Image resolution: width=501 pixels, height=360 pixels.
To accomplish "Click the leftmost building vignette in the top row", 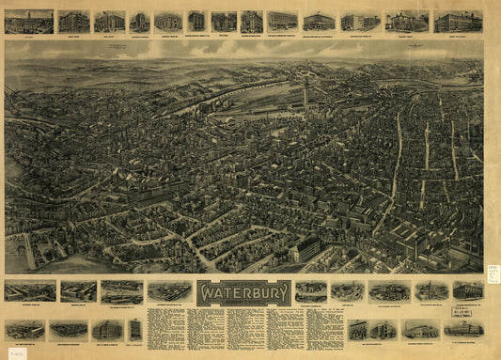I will tap(28, 21).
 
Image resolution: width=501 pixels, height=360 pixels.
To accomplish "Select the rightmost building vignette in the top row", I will tap(458, 21).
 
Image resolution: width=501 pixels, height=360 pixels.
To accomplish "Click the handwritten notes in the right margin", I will tap(493, 273).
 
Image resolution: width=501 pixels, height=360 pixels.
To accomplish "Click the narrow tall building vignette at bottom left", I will tap(134, 329).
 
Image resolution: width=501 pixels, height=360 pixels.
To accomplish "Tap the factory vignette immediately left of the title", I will tap(169, 291).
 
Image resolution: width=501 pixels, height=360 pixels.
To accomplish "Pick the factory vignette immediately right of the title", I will tap(311, 291).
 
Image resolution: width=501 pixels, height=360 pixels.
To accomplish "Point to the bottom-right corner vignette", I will tap(463, 329).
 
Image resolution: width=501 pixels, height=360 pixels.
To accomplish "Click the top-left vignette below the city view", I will tap(29, 291).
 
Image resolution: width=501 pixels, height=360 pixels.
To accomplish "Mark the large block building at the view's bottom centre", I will tap(303, 249).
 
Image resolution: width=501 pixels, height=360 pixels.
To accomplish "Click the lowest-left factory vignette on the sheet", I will tap(24, 330).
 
